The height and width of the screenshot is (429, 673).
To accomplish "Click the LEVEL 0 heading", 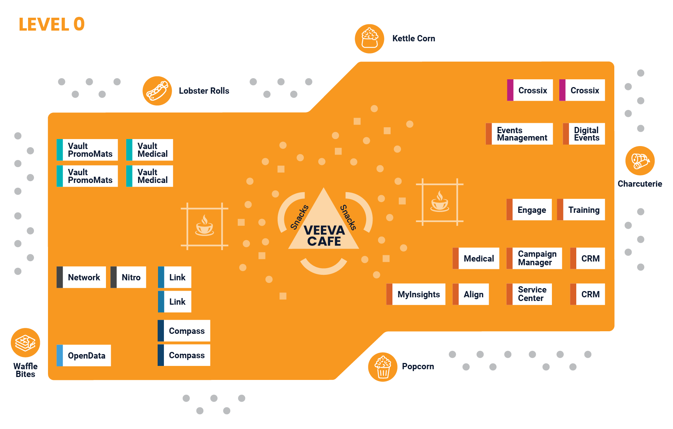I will pos(52,24).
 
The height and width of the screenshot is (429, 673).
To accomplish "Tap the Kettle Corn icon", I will pos(369,39).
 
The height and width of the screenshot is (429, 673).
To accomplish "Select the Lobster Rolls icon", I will pos(157,91).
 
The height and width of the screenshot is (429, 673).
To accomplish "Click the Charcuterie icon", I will pos(640,161).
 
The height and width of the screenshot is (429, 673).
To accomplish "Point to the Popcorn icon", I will pos(382,367).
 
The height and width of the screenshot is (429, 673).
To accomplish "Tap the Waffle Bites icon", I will pos(25,343).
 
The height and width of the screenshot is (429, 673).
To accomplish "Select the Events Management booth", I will pos(519,134).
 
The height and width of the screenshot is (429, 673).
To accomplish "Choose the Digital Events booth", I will pos(584,134).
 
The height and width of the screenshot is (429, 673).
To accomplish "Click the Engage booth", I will pos(529,210).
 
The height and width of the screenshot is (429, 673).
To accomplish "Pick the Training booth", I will pos(581,210).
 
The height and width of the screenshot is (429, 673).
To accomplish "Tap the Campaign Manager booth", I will pos(534,258).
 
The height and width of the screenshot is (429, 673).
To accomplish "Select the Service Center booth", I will pos(529,294).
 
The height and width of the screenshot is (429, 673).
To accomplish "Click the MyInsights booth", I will pos(416,294).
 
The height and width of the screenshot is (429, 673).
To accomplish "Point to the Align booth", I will pos(471,294).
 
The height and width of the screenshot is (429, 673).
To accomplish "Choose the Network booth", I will pos(81,277).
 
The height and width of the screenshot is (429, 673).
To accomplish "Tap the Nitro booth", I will pos(128,277).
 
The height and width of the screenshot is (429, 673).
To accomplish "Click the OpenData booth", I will pos(84,356).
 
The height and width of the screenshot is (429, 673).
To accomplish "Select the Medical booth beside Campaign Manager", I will pos(476,259).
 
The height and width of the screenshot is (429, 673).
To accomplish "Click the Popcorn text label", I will pos(418,367).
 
